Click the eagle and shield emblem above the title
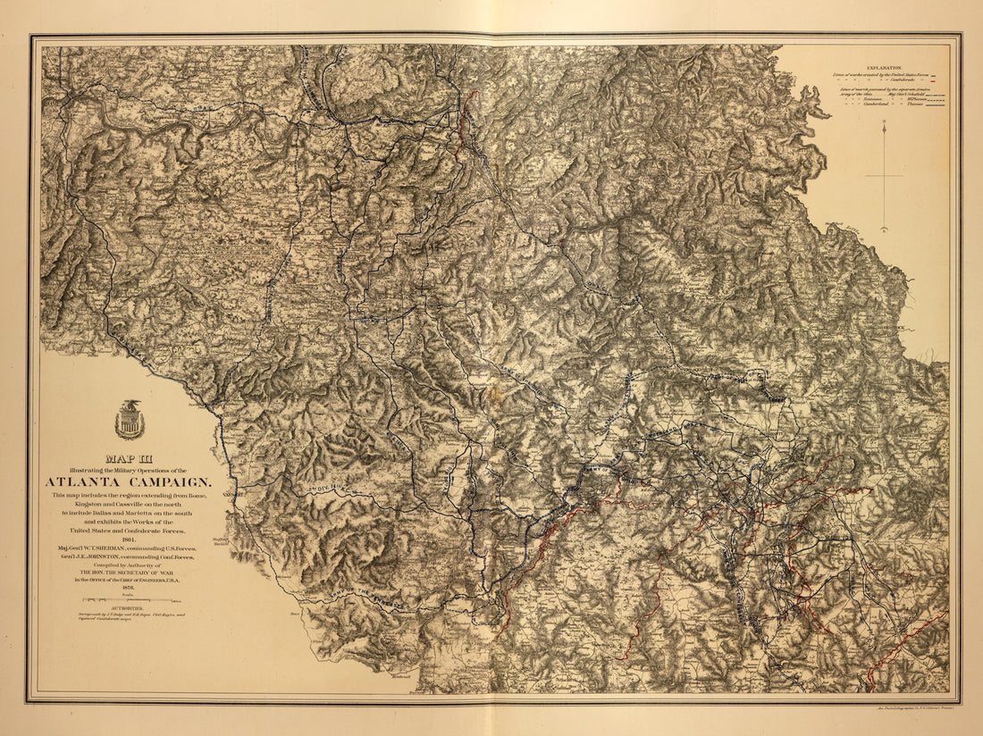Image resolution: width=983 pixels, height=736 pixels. tap(130, 419)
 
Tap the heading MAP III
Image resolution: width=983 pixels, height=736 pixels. tap(130, 460)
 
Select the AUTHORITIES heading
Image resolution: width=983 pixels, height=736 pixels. tap(130, 607)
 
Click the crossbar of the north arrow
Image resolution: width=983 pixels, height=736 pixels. tap(884, 176)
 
